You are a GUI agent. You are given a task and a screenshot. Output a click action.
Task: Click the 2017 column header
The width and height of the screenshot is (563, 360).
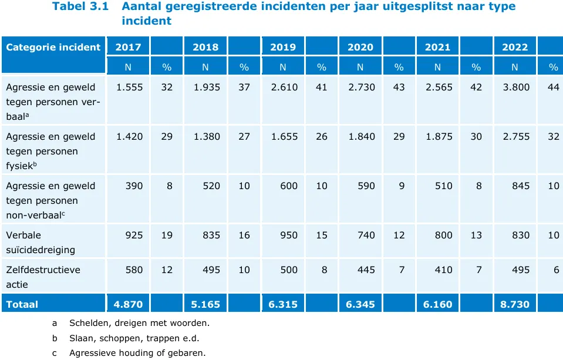pos(128,47)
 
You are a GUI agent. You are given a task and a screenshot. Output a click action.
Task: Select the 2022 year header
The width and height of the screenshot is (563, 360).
pos(515,47)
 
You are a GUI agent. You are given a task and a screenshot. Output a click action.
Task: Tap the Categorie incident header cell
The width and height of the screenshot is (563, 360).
pos(53,47)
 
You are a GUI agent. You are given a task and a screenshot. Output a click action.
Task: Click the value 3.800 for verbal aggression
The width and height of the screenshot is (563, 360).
pos(516,87)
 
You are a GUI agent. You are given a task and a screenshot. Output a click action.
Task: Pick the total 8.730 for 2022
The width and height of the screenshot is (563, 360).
pos(515,304)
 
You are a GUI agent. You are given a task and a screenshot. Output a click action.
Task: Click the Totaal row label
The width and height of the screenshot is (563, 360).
pos(22,304)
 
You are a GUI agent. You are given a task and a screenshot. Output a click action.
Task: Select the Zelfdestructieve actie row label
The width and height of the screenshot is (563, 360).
pos(43,277)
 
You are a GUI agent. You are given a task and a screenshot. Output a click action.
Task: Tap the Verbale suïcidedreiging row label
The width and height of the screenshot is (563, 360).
pos(41,242)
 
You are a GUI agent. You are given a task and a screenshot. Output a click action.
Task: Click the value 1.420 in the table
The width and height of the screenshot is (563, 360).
pos(129,136)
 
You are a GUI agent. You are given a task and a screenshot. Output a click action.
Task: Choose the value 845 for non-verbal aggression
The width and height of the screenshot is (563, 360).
pos(520,186)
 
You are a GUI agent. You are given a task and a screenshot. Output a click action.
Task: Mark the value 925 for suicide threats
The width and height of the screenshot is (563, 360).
pos(134,235)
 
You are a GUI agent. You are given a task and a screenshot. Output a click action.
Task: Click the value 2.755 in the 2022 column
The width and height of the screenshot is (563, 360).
pos(516,136)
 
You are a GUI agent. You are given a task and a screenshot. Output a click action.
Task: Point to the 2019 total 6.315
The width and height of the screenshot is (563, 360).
pos(283,304)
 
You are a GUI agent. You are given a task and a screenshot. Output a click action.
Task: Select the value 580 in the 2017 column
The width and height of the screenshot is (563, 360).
pos(134,270)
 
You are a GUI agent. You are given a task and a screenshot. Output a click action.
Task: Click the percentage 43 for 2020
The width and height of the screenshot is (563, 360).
pos(399,87)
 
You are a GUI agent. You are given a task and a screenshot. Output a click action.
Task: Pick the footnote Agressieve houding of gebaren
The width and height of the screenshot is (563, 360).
pos(137,354)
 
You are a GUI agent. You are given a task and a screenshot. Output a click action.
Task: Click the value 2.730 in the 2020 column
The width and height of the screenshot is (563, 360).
pos(361,87)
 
